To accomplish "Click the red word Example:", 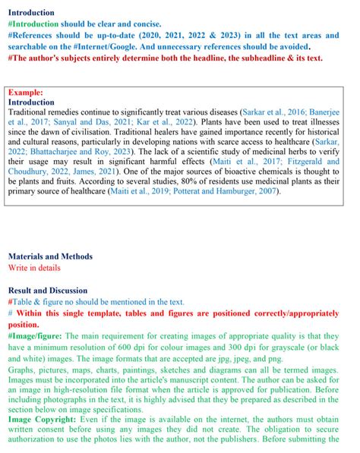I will [x=24, y=93].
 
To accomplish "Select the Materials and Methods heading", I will [x=50, y=256].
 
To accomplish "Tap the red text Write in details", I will [x=36, y=268].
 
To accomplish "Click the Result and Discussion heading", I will [x=48, y=290].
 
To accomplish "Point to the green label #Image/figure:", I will [x=36, y=335].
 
